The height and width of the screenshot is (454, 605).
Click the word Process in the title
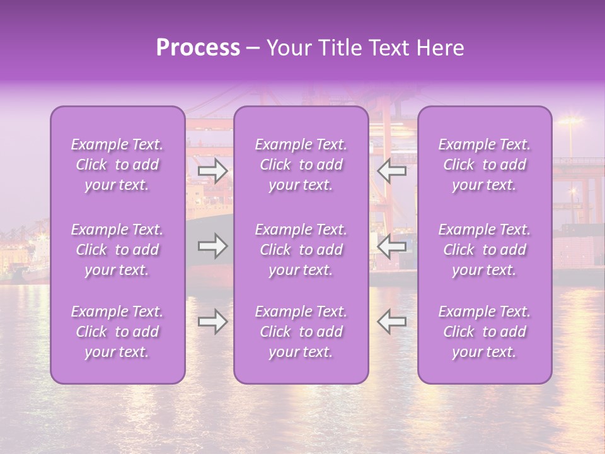[198, 48]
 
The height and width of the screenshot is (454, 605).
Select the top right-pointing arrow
[212, 170]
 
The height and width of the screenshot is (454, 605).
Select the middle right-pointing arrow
[212, 246]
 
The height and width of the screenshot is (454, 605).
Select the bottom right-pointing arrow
[212, 322]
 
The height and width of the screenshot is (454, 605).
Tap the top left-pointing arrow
[391, 170]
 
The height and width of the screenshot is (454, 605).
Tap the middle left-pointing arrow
[391, 246]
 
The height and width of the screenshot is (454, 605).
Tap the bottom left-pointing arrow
[391, 322]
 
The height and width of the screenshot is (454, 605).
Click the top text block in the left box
[117, 165]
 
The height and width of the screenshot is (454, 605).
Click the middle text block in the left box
[117, 250]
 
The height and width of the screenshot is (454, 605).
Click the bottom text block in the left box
[117, 332]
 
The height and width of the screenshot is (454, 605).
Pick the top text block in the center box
[301, 165]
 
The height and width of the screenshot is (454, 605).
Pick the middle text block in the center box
[301, 250]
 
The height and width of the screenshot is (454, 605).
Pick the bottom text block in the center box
[301, 332]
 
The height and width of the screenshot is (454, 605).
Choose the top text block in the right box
[485, 165]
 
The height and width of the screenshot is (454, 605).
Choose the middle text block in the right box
[485, 250]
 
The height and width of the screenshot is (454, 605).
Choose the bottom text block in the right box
[485, 332]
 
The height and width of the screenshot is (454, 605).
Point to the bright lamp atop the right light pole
[570, 120]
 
